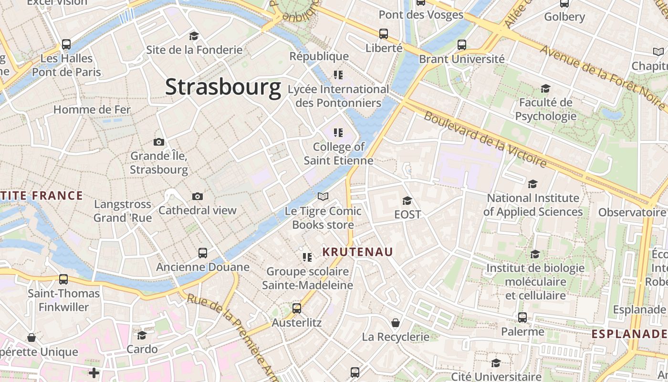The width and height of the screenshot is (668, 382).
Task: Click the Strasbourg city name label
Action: (x=223, y=87)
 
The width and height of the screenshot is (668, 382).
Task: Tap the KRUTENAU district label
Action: (x=357, y=252)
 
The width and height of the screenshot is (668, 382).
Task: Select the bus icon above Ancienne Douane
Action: (x=203, y=253)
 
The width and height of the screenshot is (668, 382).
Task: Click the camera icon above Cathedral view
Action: (x=198, y=196)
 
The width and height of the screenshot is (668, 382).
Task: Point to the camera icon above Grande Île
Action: (x=159, y=142)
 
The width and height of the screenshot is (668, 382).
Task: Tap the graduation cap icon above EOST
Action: (x=407, y=201)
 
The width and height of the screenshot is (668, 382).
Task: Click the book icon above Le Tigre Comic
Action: (x=323, y=197)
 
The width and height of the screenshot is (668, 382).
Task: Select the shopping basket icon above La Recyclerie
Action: (x=396, y=323)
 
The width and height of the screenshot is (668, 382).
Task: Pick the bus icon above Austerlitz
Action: (x=297, y=308)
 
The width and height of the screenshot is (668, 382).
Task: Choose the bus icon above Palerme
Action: (x=522, y=318)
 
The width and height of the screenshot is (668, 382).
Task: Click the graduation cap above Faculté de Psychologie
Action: (x=545, y=88)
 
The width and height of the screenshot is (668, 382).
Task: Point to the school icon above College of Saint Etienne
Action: (x=338, y=132)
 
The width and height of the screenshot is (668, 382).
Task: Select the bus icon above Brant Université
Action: (x=461, y=45)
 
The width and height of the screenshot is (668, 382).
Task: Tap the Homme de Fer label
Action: (x=92, y=109)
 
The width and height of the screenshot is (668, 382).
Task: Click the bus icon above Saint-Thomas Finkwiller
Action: (x=63, y=279)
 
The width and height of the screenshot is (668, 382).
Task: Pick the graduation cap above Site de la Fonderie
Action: (x=194, y=36)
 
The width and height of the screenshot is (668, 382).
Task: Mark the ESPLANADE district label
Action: (x=629, y=334)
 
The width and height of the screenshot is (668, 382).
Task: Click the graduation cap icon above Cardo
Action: (x=142, y=335)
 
